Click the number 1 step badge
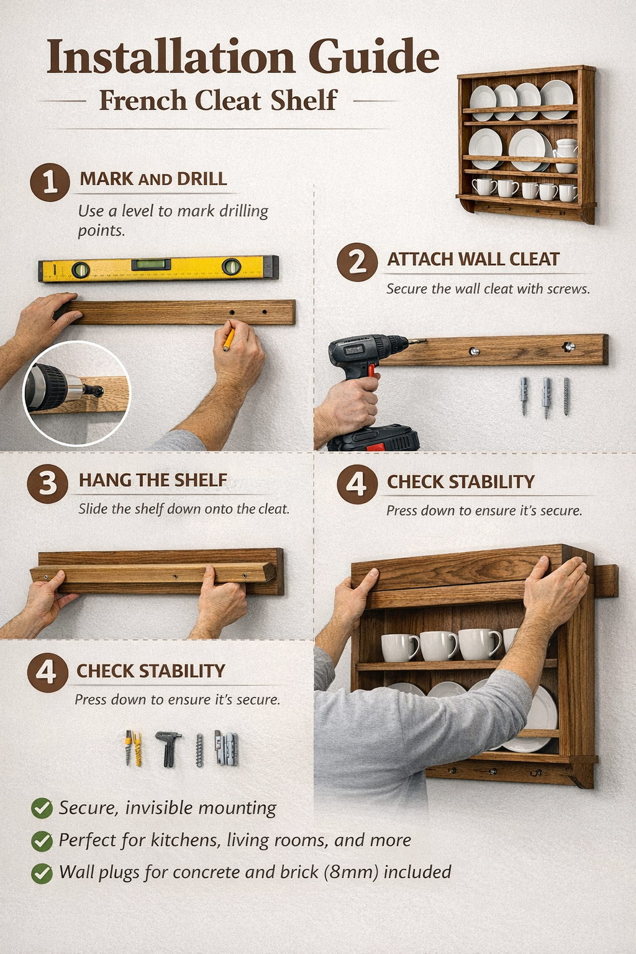pos(50,183)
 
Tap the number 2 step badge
pos(357,262)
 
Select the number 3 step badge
pos(47,484)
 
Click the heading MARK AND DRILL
pos(153,179)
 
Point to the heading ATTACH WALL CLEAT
pos(473,259)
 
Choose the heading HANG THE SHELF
pos(153,480)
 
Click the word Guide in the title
pos(374,57)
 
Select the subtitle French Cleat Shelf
pos(218,101)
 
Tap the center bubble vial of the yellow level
pos(149,265)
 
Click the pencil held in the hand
pos(229,339)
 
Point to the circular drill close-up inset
pos(76,393)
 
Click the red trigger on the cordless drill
pos(371,371)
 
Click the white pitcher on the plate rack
pos(565,155)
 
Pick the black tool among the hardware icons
pos(168,747)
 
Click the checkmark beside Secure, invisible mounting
pos(42,808)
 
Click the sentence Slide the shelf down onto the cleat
pos(184,509)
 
